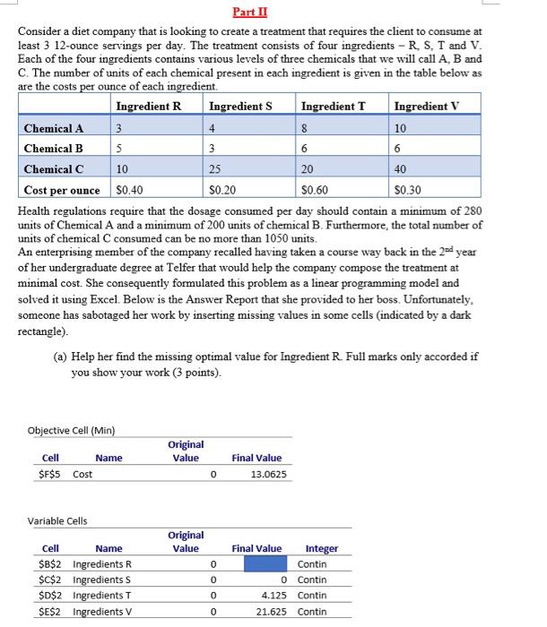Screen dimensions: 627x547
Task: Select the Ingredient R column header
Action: click(148, 107)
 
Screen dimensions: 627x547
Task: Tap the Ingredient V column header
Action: click(426, 107)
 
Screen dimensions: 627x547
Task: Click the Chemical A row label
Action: click(54, 128)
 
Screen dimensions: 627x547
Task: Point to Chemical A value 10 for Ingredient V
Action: click(400, 128)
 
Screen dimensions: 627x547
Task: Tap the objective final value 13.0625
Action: click(269, 474)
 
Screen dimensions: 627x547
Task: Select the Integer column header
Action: click(322, 549)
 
